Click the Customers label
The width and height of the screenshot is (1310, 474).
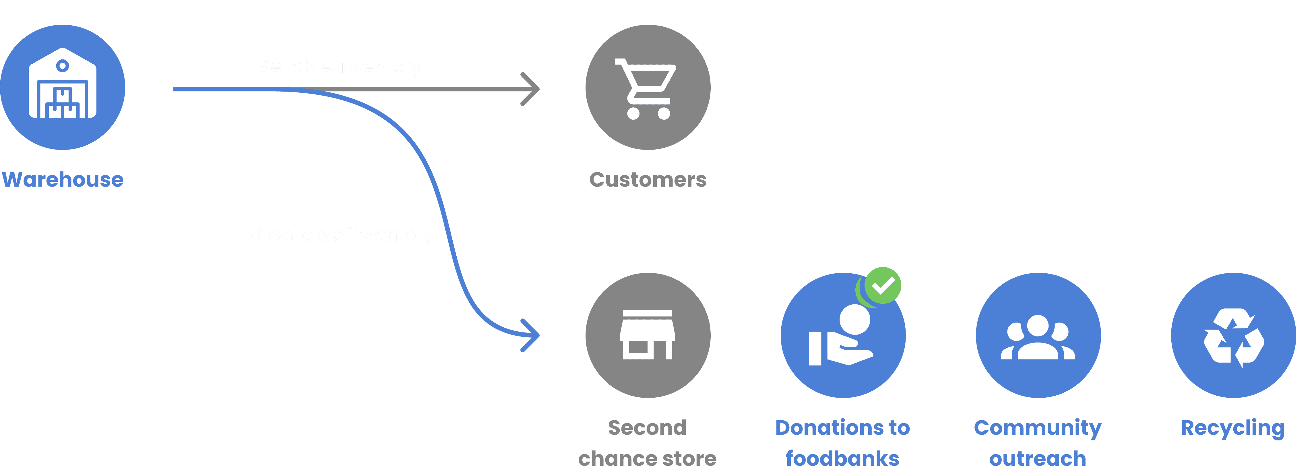[x=647, y=179]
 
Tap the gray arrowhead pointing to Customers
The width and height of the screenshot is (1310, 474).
[x=531, y=89]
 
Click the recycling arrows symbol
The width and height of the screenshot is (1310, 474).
[x=1233, y=337]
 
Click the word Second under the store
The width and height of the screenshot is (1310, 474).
[x=647, y=428]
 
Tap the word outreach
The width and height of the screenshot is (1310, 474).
[x=1037, y=459]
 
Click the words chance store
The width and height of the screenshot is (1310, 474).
[x=647, y=459]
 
